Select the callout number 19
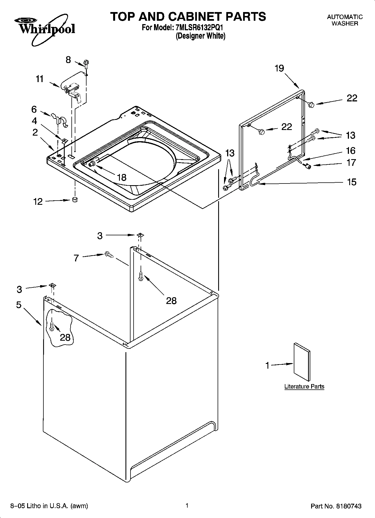[x=279, y=68]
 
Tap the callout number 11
[x=40, y=79]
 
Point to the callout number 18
[x=122, y=177]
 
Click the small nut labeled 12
[x=75, y=199]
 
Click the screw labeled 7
[x=108, y=254]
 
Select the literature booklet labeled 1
[x=302, y=362]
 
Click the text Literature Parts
[x=304, y=386]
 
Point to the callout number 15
[x=351, y=182]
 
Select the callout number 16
[x=351, y=151]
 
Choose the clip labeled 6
[x=60, y=120]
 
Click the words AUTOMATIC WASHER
[x=345, y=20]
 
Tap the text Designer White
[x=201, y=36]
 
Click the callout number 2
[x=35, y=132]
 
